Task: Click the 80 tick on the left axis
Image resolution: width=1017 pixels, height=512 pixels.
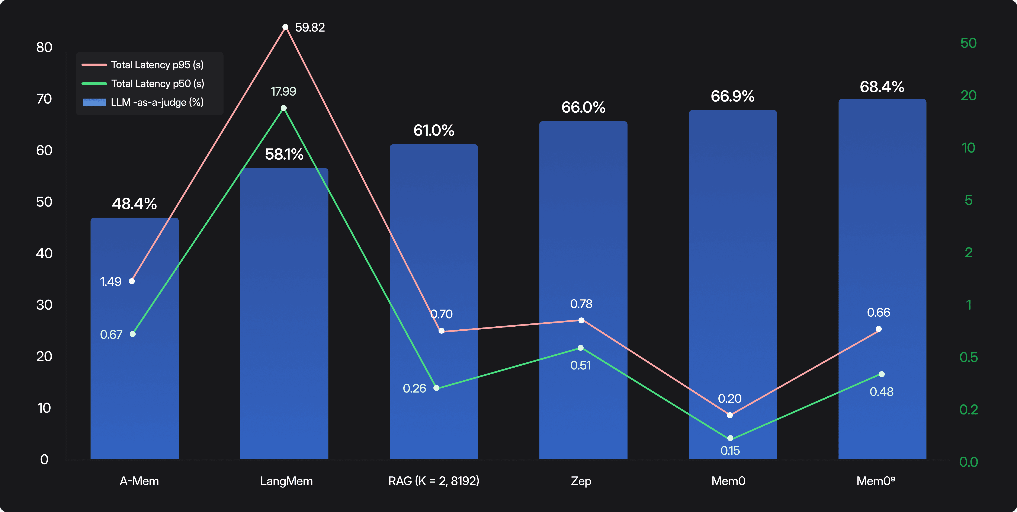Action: point(44,47)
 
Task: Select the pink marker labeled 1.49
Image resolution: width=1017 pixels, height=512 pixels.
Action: point(132,281)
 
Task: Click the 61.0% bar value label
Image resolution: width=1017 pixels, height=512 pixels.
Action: point(433,131)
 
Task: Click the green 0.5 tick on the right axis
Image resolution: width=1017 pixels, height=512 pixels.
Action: point(968,357)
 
